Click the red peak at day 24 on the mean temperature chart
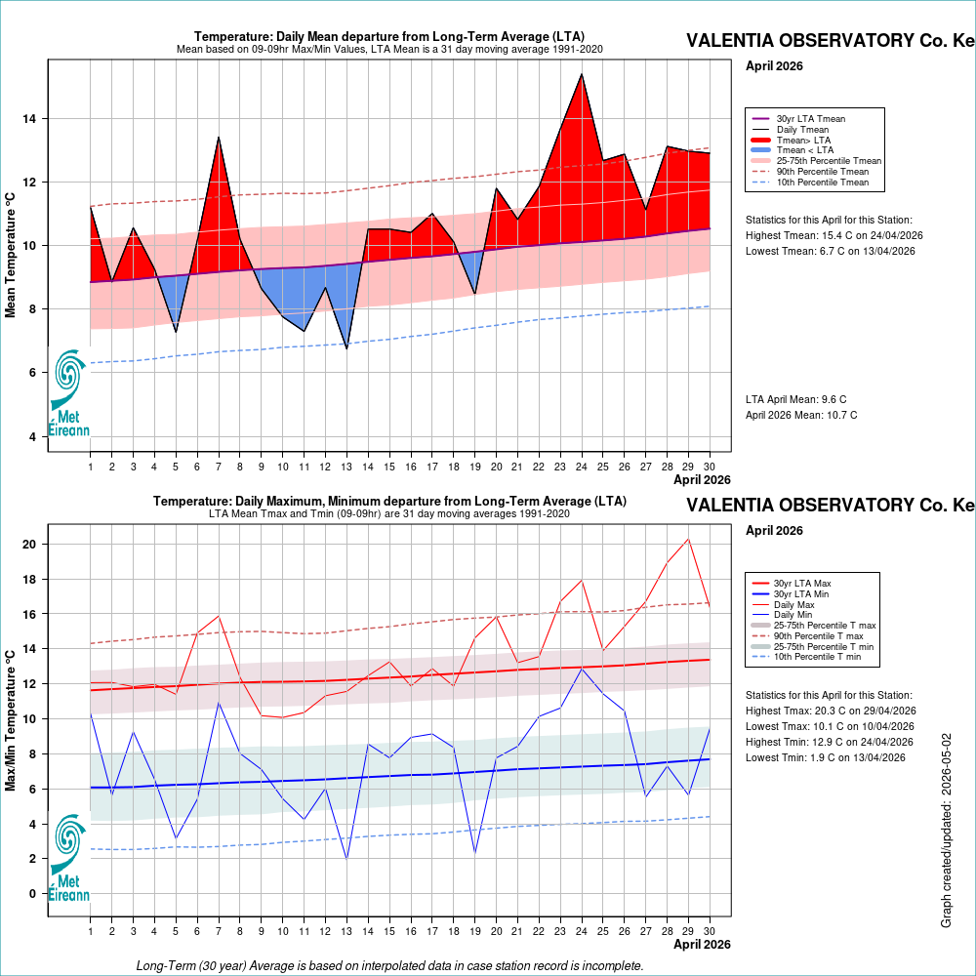(x=582, y=75)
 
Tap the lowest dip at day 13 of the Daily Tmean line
(x=346, y=348)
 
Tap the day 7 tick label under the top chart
(x=219, y=467)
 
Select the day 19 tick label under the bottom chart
(x=475, y=931)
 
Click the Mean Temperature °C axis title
(x=10, y=255)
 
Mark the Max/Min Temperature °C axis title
(x=10, y=721)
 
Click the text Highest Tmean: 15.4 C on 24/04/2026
(x=834, y=236)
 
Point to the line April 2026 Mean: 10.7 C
(x=801, y=415)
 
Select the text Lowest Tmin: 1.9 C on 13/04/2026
(x=826, y=757)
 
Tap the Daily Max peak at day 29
(x=688, y=539)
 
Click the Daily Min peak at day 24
(x=582, y=669)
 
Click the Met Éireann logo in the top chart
(x=69, y=393)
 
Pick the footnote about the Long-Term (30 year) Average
(x=389, y=965)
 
